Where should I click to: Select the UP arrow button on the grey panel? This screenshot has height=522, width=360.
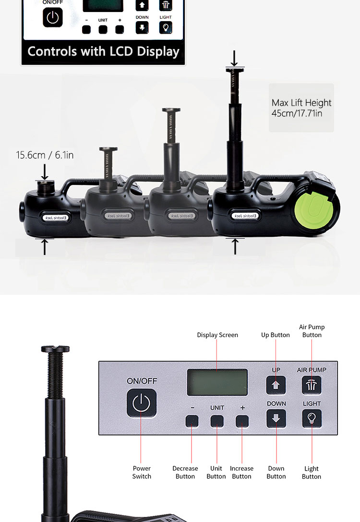tap(276, 385)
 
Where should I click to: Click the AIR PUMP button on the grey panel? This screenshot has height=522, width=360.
tap(312, 385)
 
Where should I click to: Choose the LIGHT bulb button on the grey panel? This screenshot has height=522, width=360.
tap(312, 418)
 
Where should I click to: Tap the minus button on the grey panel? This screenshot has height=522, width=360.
tap(192, 421)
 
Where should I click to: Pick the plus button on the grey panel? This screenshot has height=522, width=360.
tap(242, 421)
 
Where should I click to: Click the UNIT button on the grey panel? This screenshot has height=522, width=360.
tap(217, 421)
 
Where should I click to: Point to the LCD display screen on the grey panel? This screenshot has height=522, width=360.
tap(217, 382)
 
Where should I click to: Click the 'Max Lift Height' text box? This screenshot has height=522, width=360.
tap(301, 108)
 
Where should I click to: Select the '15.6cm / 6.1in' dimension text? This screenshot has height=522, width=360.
tap(45, 155)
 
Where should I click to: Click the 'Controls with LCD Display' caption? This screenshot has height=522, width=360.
tap(104, 52)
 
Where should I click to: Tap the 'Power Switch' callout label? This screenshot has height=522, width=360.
tap(142, 472)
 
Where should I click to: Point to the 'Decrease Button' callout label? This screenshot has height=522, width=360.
tap(185, 472)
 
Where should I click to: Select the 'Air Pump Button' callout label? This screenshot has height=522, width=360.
tap(312, 331)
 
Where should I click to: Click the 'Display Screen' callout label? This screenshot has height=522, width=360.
tap(217, 335)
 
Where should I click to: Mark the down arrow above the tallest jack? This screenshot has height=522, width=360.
tap(235, 58)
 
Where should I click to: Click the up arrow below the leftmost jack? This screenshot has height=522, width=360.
tap(45, 246)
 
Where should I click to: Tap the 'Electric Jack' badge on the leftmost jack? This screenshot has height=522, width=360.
tap(56, 218)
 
